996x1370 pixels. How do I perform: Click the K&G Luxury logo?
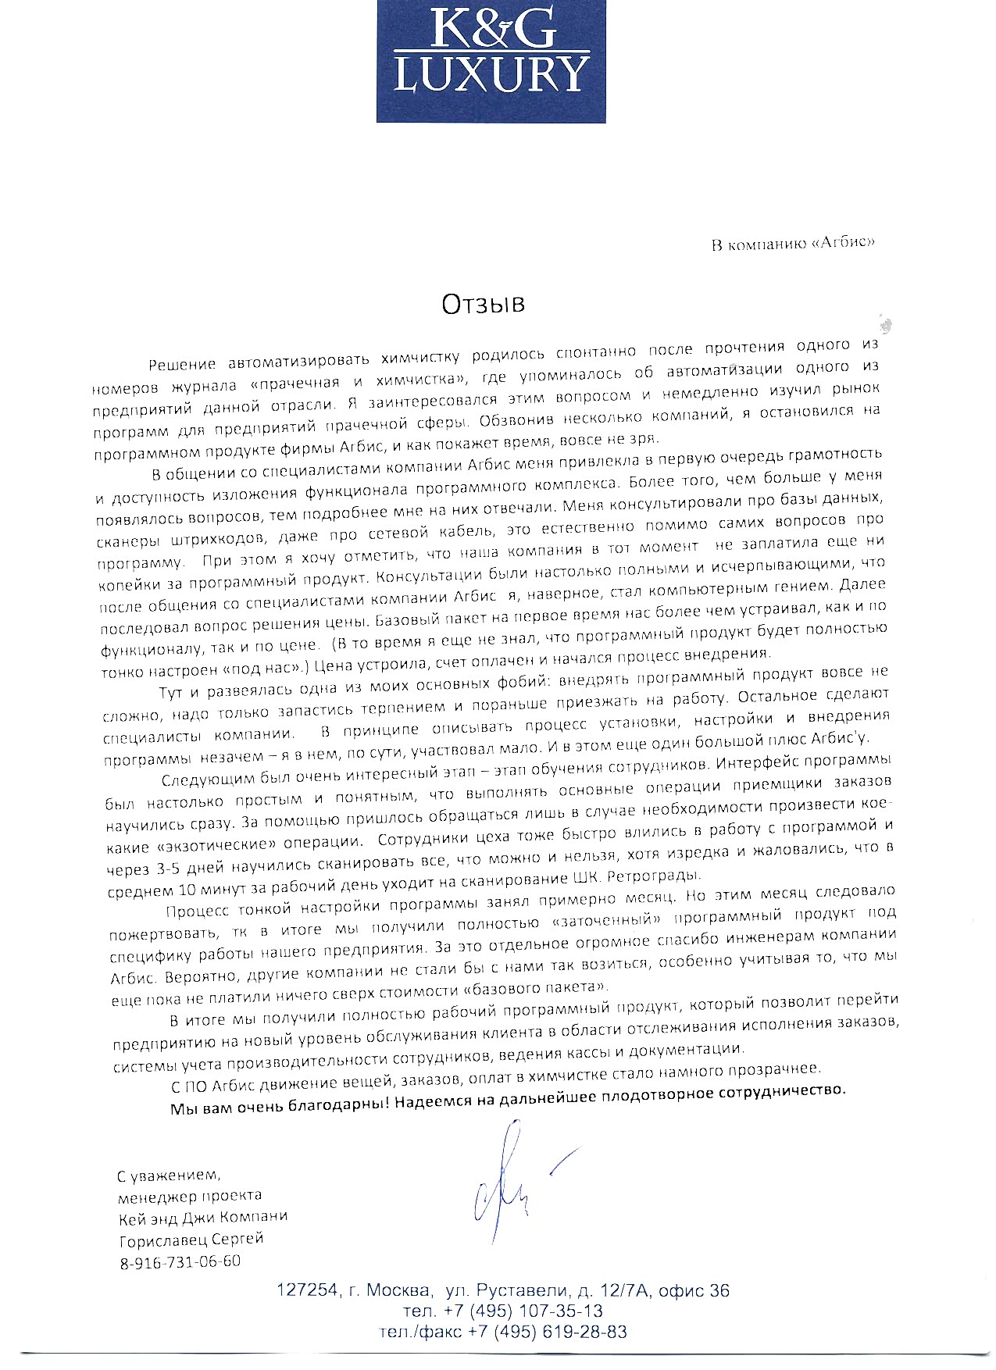pos(491,60)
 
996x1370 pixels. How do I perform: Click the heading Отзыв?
pos(484,303)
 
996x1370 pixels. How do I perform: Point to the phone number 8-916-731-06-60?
pos(180,1261)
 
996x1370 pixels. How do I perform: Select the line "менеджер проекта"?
pos(189,1196)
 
